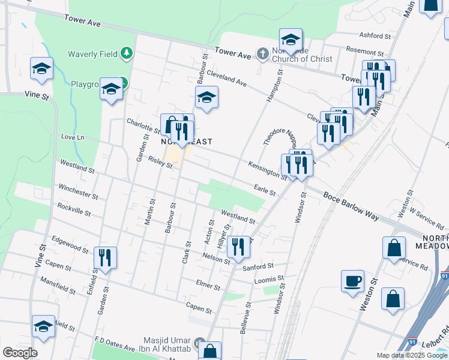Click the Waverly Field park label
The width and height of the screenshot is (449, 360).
coord(92,54)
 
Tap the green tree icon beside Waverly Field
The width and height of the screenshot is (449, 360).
coord(126,54)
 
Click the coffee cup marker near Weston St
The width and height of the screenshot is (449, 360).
coord(352,281)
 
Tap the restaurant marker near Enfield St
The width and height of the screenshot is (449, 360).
coord(105,258)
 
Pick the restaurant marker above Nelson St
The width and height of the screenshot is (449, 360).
coord(238,247)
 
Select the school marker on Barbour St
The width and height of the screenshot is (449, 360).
coord(206,97)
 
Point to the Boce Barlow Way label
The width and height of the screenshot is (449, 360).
coord(351,206)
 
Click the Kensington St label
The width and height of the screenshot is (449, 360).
coord(268,169)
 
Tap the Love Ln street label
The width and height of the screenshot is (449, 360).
coord(73,137)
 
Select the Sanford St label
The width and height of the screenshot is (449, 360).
coord(258,266)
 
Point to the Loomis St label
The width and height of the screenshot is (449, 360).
coord(269,279)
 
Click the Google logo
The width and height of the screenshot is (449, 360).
coord(20,352)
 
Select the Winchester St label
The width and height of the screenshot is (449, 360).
coord(78,191)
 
